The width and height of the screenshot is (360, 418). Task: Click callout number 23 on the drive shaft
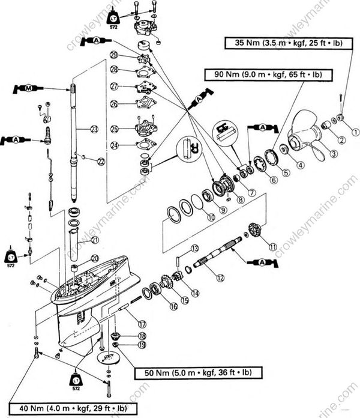[94, 129]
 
